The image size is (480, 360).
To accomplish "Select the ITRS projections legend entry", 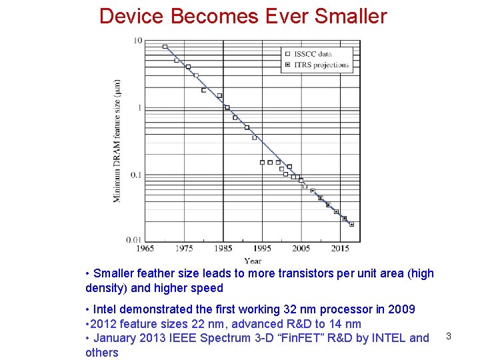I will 321,65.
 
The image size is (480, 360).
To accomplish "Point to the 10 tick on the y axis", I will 138,41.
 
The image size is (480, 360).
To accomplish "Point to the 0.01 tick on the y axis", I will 134,239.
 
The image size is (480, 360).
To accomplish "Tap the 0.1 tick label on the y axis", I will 136,175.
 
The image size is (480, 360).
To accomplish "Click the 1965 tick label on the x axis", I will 145,249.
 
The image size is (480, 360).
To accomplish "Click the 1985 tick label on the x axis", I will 223,249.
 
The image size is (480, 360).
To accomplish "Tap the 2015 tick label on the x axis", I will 340,249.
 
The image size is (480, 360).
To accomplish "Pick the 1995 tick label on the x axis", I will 262,249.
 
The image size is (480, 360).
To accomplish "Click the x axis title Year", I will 253,261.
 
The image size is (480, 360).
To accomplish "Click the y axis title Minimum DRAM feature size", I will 118,141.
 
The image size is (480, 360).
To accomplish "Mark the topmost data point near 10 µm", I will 165,47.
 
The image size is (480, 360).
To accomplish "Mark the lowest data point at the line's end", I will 351,225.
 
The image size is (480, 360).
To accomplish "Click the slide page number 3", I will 449,336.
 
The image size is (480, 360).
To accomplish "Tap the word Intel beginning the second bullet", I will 107,309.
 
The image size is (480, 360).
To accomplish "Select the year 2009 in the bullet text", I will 402,309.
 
